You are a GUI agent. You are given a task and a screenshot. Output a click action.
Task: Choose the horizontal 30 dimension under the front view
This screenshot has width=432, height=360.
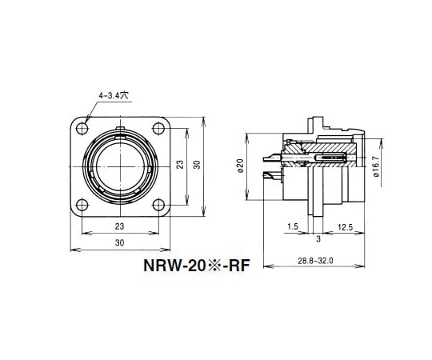click(x=118, y=242)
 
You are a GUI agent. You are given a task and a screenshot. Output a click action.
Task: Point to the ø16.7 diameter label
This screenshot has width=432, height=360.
click(x=376, y=166)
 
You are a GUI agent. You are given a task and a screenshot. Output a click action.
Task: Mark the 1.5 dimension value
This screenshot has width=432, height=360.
click(x=293, y=227)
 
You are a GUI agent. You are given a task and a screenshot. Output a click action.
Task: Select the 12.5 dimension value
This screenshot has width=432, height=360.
click(x=346, y=227)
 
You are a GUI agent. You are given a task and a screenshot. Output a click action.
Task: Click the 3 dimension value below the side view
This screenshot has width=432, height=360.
click(x=318, y=238)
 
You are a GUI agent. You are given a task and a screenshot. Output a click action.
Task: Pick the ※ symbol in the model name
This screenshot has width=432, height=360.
click(x=202, y=264)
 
